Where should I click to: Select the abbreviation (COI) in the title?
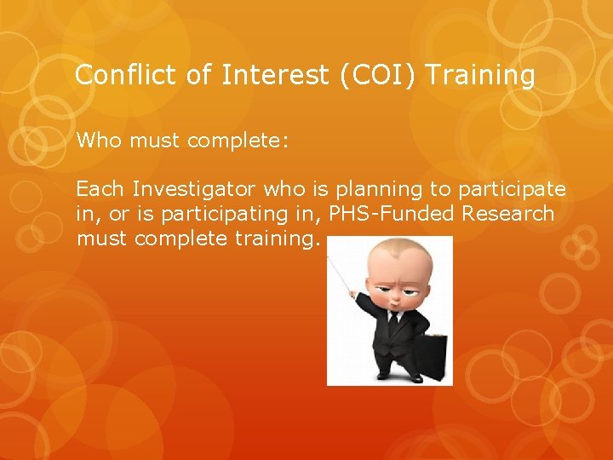(x=376, y=76)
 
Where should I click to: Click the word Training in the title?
(x=479, y=76)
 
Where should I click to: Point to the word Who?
(x=99, y=140)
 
